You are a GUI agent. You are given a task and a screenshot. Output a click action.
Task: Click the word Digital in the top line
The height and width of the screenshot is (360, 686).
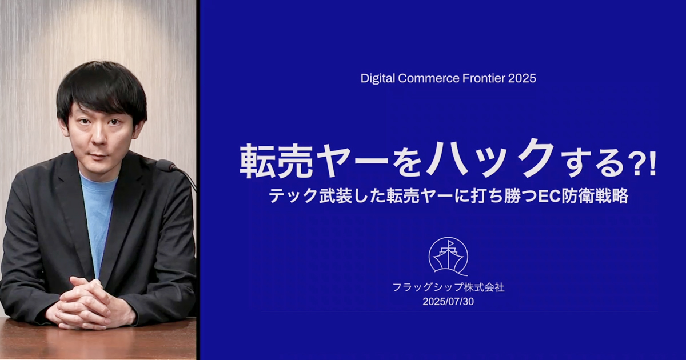click(x=378, y=79)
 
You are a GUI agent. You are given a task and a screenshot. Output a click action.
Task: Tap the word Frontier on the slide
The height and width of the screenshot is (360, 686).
click(x=484, y=78)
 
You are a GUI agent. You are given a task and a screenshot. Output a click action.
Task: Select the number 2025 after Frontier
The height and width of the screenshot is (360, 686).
click(x=522, y=78)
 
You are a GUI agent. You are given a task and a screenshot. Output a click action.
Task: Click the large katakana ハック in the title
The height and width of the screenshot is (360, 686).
click(x=492, y=159)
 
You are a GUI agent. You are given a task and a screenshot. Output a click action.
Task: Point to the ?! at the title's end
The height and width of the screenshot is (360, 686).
click(x=644, y=166)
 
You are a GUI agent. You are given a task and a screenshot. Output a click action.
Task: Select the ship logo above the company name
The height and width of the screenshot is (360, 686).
click(x=448, y=257)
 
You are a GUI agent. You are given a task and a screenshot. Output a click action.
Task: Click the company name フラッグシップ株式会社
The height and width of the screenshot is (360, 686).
click(x=448, y=287)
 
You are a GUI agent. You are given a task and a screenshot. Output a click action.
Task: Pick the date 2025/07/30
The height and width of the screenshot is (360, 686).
click(x=448, y=302)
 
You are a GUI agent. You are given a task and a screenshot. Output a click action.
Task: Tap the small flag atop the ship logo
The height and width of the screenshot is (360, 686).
click(x=450, y=244)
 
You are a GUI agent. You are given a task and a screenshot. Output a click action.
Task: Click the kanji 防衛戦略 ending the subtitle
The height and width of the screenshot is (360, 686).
click(x=595, y=196)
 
